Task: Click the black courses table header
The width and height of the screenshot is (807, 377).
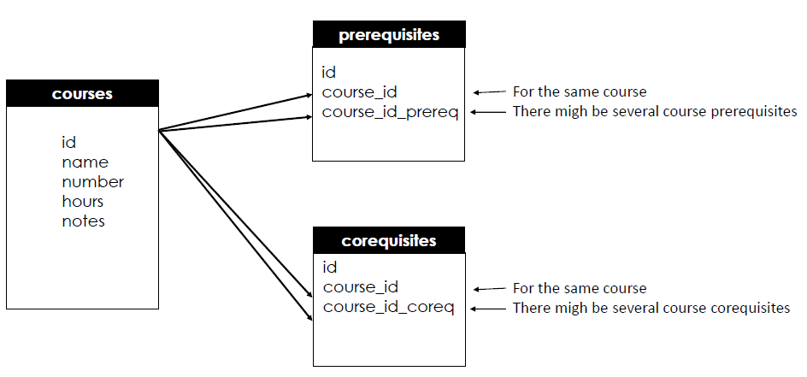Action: pyautogui.click(x=82, y=93)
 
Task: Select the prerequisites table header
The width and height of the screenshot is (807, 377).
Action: pyautogui.click(x=389, y=35)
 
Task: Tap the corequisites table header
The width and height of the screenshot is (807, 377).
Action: pyautogui.click(x=389, y=240)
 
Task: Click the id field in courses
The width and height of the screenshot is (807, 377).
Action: pyautogui.click(x=68, y=143)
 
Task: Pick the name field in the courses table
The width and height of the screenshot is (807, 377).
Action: pyautogui.click(x=85, y=162)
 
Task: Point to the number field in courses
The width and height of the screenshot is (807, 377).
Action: pyautogui.click(x=92, y=182)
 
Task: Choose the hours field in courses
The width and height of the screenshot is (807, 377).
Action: pyautogui.click(x=82, y=202)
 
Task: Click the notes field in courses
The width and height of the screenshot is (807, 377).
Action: pyautogui.click(x=83, y=221)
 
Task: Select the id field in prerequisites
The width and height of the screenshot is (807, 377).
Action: pyautogui.click(x=328, y=72)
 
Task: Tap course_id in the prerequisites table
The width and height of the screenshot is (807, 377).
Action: pyautogui.click(x=359, y=91)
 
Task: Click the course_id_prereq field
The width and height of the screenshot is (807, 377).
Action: pyautogui.click(x=390, y=112)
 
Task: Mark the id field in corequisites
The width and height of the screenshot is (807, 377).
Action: pyautogui.click(x=330, y=268)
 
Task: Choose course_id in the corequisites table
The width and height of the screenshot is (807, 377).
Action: pyautogui.click(x=361, y=287)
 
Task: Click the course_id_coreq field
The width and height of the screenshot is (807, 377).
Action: pyautogui.click(x=388, y=307)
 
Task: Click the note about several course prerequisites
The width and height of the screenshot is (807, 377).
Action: pyautogui.click(x=654, y=112)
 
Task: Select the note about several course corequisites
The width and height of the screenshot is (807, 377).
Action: pyautogui.click(x=651, y=308)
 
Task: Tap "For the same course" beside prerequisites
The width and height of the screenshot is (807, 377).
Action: pyautogui.click(x=579, y=91)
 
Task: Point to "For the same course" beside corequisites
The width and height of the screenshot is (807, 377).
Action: pyautogui.click(x=579, y=288)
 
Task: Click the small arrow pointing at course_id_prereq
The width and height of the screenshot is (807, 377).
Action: pyautogui.click(x=486, y=112)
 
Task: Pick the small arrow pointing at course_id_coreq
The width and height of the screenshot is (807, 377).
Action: pyautogui.click(x=486, y=308)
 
